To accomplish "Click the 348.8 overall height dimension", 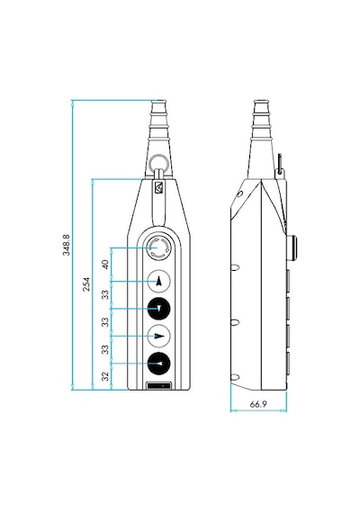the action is [67, 245].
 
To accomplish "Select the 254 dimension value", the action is [86, 284].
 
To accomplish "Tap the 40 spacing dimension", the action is [105, 264].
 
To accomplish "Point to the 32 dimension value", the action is [105, 376].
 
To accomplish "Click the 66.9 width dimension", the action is [258, 404].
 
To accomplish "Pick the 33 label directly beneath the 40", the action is [105, 294].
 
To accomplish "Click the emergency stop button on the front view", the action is [158, 247].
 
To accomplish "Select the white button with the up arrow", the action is [158, 281].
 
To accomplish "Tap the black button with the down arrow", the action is [158, 308].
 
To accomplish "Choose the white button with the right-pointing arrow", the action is [158, 336].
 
